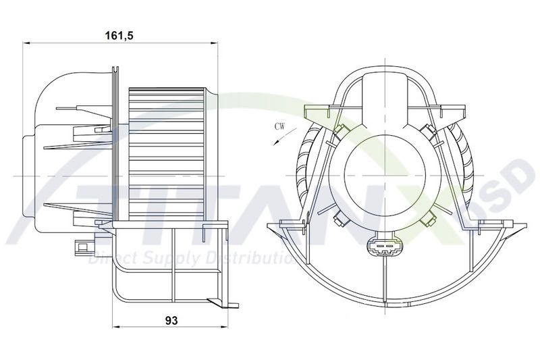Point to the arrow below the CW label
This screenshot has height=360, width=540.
[x=275, y=139]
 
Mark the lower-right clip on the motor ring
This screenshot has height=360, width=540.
[x=427, y=218]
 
